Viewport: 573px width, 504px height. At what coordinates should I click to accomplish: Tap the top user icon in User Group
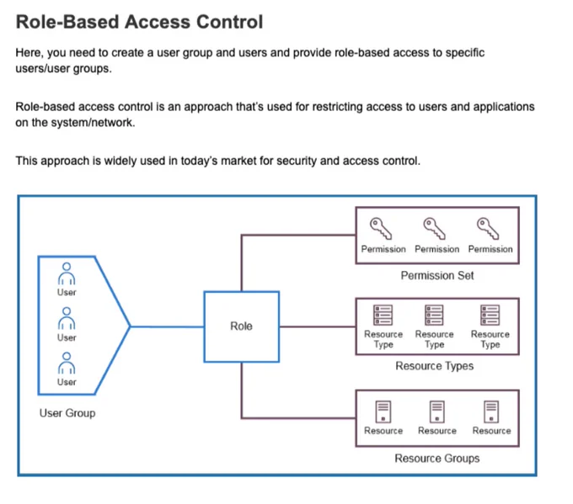pos(67,273)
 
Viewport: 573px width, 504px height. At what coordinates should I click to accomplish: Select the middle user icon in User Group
pos(67,318)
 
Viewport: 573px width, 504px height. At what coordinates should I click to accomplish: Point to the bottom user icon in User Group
pos(67,363)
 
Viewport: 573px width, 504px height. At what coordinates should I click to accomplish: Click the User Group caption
pos(67,413)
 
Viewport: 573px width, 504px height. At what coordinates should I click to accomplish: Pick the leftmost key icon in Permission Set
pos(381,229)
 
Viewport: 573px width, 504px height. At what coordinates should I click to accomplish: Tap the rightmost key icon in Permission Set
pos(488,229)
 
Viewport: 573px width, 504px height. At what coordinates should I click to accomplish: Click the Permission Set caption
pos(437,275)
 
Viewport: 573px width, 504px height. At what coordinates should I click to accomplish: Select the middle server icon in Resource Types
pos(434,315)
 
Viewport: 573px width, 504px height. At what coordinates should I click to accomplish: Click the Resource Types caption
pos(435,366)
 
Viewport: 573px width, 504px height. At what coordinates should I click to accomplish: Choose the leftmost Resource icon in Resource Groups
pos(383,411)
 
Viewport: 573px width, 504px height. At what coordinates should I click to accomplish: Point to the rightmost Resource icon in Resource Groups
pos(491,411)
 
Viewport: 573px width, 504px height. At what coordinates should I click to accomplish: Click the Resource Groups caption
pos(437,459)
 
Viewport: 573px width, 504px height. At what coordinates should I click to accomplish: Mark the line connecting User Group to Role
pos(167,326)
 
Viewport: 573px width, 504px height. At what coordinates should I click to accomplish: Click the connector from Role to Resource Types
pos(318,326)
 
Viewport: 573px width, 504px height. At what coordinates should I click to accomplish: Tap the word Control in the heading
pos(230,22)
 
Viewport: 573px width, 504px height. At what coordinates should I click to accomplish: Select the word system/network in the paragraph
pos(94,123)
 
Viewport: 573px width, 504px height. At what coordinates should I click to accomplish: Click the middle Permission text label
pos(437,249)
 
